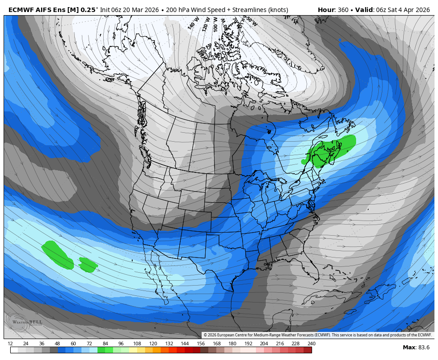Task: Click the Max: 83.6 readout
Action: pyautogui.click(x=416, y=348)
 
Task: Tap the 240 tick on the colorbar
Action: pyautogui.click(x=311, y=344)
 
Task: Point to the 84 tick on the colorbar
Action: pyautogui.click(x=105, y=344)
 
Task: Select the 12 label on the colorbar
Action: pyautogui.click(x=10, y=344)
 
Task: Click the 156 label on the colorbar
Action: pyautogui.click(x=200, y=344)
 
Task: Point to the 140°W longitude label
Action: pyautogui.click(x=192, y=24)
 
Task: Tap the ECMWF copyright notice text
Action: pyautogui.click(x=317, y=335)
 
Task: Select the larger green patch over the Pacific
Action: pyautogui.click(x=58, y=255)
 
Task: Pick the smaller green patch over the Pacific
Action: pyautogui.click(x=88, y=265)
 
